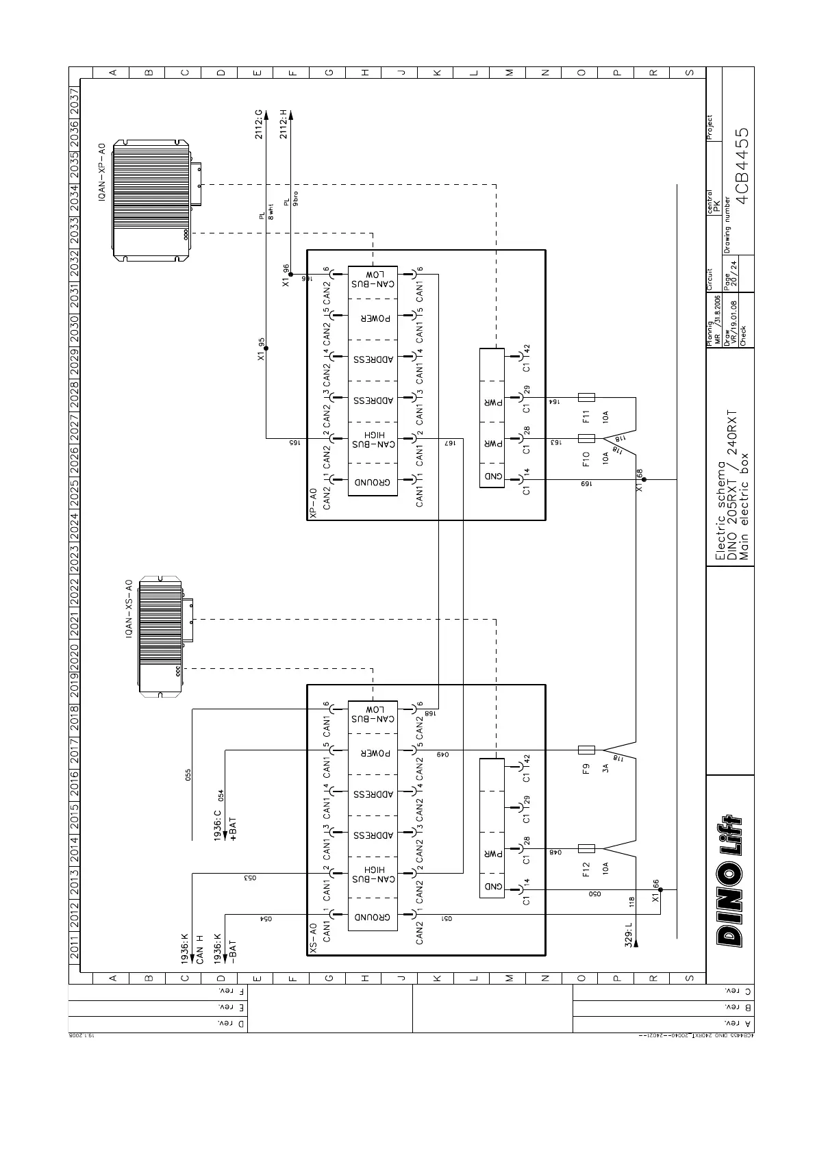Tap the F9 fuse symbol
586,750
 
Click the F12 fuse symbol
586,848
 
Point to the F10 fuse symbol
586,438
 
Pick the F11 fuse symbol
586,397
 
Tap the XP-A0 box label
313,504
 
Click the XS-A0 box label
313,938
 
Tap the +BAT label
233,828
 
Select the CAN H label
200,948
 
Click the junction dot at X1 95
266,349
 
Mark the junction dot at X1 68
644,480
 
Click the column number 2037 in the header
75,103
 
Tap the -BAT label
233,948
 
